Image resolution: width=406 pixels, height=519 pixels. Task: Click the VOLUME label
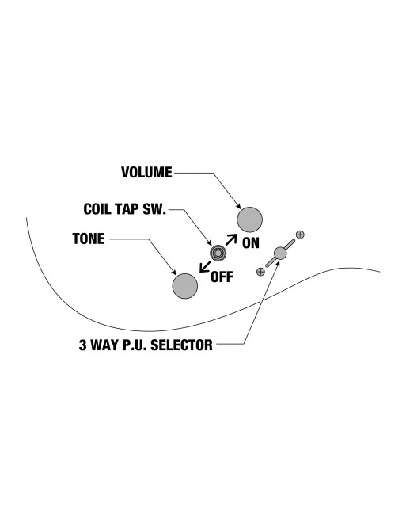pos(146,173)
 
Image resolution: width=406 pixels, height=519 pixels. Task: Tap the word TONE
pos(89,239)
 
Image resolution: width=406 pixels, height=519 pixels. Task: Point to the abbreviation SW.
pos(155,209)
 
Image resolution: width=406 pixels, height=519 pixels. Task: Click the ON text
pos(251,243)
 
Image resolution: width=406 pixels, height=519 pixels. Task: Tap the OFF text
pos(222,277)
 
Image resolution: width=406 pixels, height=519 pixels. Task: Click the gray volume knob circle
pos(249,219)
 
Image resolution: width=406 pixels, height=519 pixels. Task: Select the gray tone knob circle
pos(185,286)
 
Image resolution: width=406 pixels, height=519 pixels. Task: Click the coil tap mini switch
pos(218,254)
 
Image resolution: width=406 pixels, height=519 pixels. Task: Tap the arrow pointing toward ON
pos(231,239)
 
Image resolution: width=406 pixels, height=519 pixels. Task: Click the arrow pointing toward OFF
pos(205,267)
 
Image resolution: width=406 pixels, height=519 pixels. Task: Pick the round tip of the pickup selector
pos(280,254)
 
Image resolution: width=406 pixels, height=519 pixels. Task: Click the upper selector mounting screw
pos(300,235)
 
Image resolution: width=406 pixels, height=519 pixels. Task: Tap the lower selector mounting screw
pos(260,272)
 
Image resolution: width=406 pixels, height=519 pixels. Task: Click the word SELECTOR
pos(181,345)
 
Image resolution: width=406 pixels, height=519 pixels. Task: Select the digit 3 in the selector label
pos(82,345)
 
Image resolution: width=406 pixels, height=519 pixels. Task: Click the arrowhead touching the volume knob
pos(238,206)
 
